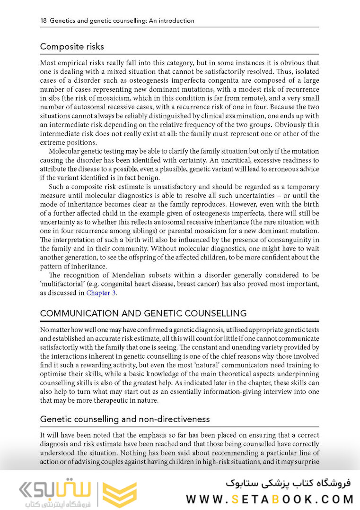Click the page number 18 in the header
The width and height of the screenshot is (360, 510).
point(43,21)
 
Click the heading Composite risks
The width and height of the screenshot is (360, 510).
point(72,47)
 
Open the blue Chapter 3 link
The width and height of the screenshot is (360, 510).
point(101,293)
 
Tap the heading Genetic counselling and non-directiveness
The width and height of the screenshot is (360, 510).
point(125,419)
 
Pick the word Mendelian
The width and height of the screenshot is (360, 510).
point(131,275)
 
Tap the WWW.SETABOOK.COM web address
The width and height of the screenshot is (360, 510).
point(269,499)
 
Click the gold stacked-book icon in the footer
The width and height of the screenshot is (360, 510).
point(119,494)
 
